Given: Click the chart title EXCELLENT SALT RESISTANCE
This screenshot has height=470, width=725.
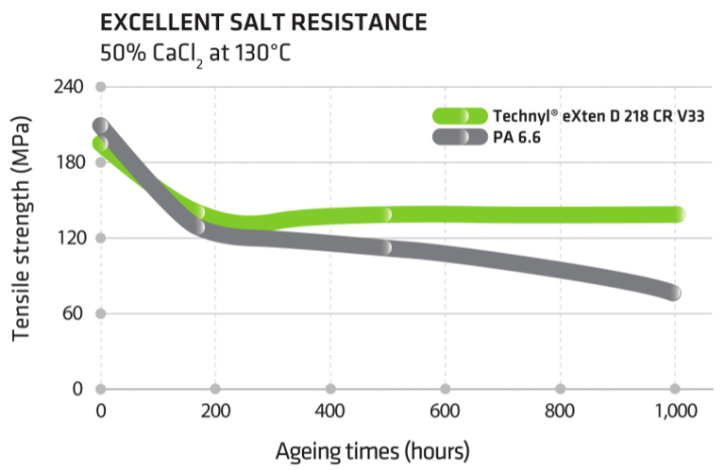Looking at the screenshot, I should pos(265,21).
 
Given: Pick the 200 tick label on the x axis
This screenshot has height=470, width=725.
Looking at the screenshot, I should pos(215,411).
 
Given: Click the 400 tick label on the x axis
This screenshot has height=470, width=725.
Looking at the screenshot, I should pos(330,411).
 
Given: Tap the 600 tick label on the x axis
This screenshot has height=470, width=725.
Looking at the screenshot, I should pos(446,411).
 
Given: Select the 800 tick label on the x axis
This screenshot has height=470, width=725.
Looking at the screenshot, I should pos(561,411).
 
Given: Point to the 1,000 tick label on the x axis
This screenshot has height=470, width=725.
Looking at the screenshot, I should pos(674,411).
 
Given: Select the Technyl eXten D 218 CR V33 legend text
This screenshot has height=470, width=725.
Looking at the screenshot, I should pos(599,116).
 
